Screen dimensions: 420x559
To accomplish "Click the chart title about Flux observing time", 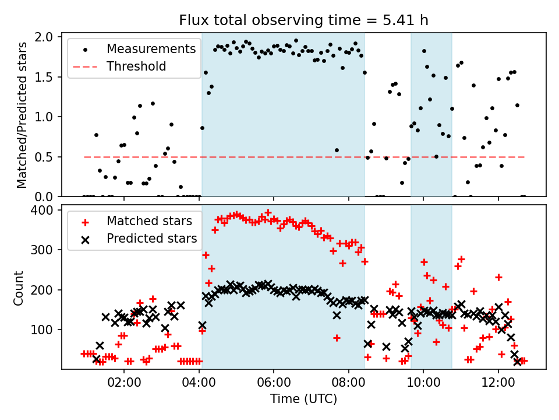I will point(303,20).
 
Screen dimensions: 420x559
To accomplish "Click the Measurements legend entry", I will point(151,49).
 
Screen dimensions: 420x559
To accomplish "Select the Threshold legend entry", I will point(136,66).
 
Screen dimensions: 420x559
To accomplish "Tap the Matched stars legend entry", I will point(149,221).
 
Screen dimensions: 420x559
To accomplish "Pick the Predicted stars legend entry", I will point(151,239).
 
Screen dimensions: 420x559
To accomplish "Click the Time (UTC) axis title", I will point(303,400).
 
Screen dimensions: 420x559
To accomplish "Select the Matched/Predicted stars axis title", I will point(22,115).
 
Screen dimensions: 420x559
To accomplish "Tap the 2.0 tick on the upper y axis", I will point(47,37).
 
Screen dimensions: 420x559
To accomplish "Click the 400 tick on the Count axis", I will point(45,210).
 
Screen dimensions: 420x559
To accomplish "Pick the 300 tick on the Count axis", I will point(45,250).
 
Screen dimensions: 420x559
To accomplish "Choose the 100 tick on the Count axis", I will point(45,330).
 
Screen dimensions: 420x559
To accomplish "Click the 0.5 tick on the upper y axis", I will point(47,157).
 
